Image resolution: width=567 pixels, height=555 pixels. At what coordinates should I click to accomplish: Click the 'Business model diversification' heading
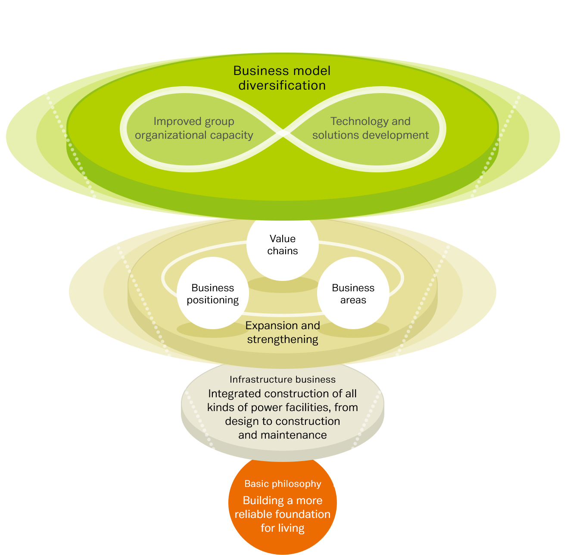coord(282,78)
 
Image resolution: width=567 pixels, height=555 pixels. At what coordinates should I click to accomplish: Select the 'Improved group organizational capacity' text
coord(194,128)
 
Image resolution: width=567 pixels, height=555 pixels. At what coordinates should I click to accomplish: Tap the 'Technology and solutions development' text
coord(371,128)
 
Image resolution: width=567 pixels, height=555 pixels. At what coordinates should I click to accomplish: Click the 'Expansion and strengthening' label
coord(283,332)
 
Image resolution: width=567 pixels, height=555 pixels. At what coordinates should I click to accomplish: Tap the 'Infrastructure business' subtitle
coord(283,380)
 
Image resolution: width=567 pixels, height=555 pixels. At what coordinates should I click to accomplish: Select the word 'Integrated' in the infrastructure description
coord(234,394)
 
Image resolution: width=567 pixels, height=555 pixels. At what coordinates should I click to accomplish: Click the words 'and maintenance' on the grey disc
coord(283,435)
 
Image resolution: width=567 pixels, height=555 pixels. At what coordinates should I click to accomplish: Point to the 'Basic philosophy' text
coord(283,484)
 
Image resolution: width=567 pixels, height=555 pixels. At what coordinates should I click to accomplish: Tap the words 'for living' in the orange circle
coord(283,528)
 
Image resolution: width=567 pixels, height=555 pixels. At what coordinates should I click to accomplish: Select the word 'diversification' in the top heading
coord(282,85)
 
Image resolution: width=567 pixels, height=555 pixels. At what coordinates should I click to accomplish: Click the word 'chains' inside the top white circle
coord(283,251)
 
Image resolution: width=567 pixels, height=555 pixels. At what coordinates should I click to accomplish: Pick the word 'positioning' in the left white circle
coord(212,300)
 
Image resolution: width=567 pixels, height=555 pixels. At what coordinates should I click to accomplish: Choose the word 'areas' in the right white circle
coord(353,300)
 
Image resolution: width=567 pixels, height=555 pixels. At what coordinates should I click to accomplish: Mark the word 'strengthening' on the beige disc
coord(283,340)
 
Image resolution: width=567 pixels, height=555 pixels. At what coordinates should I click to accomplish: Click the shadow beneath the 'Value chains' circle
coord(283,285)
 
